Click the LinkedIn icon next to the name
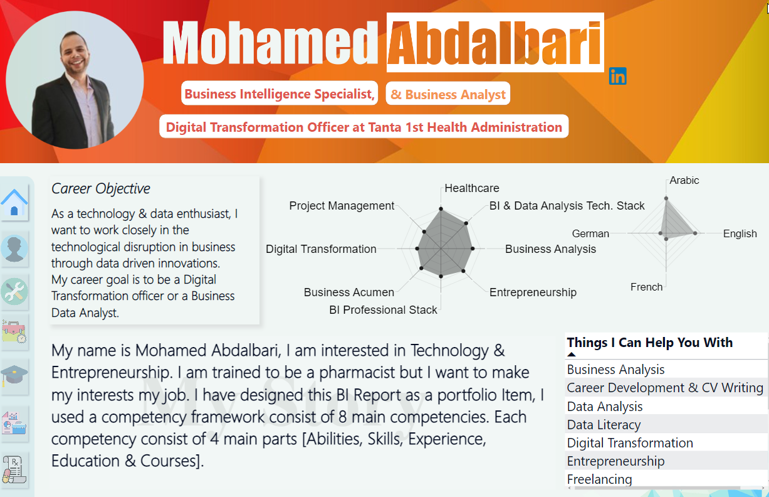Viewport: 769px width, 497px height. (x=617, y=76)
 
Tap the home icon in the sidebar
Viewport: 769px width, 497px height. (x=14, y=202)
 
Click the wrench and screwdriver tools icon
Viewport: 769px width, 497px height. (x=14, y=291)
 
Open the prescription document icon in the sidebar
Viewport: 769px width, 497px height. (x=14, y=469)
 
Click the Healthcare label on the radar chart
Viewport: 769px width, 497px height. (x=472, y=188)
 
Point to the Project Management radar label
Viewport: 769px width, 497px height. (x=342, y=206)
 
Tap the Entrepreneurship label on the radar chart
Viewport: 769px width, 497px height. (x=533, y=292)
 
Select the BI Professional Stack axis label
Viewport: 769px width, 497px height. (x=383, y=309)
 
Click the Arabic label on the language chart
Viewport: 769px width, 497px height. (x=684, y=181)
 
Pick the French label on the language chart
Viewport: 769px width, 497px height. (x=646, y=287)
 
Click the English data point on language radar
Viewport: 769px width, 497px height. (x=695, y=233)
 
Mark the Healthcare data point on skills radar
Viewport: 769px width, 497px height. (x=441, y=208)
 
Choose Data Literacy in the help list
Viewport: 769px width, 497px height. (x=604, y=425)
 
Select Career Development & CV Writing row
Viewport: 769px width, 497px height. (x=665, y=388)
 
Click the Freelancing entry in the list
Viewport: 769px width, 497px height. (x=599, y=479)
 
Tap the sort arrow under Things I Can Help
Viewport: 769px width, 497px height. (x=572, y=354)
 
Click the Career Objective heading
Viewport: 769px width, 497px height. (x=100, y=188)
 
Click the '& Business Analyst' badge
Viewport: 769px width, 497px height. (x=448, y=94)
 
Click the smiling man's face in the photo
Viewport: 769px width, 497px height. (x=75, y=51)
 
